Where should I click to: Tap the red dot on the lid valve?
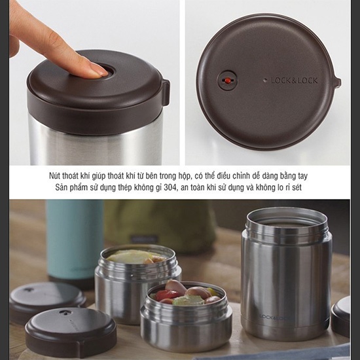click(227, 80)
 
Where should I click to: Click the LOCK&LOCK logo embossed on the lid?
click(294, 81)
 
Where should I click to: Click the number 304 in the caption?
click(170, 188)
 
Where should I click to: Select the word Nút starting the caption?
click(55, 176)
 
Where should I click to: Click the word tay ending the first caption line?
click(302, 176)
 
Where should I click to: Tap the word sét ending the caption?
click(296, 188)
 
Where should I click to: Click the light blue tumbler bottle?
click(75, 241)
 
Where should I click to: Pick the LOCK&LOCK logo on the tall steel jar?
click(276, 317)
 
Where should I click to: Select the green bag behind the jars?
click(161, 225)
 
